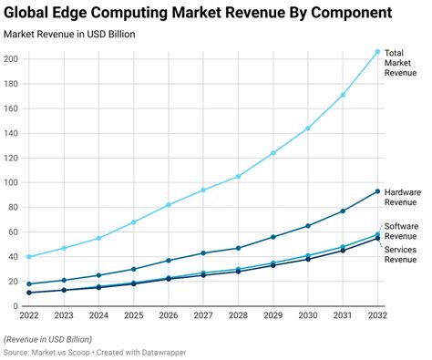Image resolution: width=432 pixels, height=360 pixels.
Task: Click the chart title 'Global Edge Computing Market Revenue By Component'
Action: [199, 13]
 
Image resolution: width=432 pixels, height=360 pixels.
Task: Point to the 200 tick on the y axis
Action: [12, 59]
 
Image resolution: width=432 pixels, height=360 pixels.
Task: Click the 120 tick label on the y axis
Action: [12, 158]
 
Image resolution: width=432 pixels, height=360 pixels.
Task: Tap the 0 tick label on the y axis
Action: [16, 306]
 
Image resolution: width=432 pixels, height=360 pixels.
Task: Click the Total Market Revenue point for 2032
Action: [377, 52]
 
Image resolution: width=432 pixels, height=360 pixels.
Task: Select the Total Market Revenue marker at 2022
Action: [30, 257]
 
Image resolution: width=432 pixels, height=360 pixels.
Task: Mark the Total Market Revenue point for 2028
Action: [239, 176]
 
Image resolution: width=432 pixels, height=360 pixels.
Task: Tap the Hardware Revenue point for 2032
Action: [377, 191]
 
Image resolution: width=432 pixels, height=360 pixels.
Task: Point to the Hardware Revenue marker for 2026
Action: [169, 261]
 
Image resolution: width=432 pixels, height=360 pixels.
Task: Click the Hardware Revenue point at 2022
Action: [30, 284]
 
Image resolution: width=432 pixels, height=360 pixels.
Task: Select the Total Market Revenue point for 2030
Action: [308, 129]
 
